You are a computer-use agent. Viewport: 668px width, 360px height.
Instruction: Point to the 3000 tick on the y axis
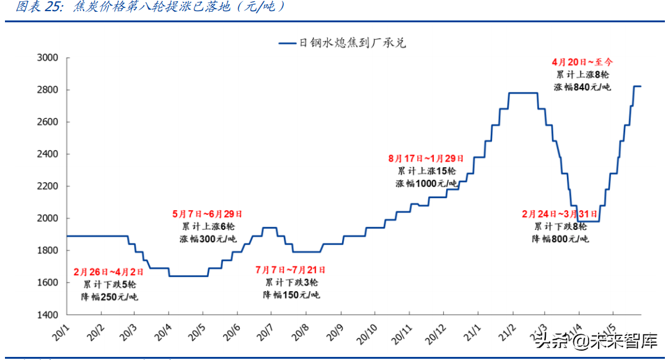(47, 58)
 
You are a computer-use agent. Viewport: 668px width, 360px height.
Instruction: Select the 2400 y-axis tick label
(47, 154)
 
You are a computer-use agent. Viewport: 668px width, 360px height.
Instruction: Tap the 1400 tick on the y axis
(47, 315)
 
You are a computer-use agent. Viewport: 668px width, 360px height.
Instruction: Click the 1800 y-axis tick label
(47, 250)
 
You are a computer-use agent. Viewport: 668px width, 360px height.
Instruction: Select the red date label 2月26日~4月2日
(108, 271)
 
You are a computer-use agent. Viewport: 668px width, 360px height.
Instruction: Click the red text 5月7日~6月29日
(207, 214)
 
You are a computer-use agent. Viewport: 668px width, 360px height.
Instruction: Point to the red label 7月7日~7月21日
(290, 270)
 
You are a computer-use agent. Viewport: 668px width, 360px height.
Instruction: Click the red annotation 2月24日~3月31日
(560, 214)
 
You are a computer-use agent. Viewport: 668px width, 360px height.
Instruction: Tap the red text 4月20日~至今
(582, 62)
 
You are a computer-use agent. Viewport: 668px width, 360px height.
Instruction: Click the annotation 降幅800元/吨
(560, 239)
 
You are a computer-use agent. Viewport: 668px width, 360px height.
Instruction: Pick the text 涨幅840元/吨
(582, 87)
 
